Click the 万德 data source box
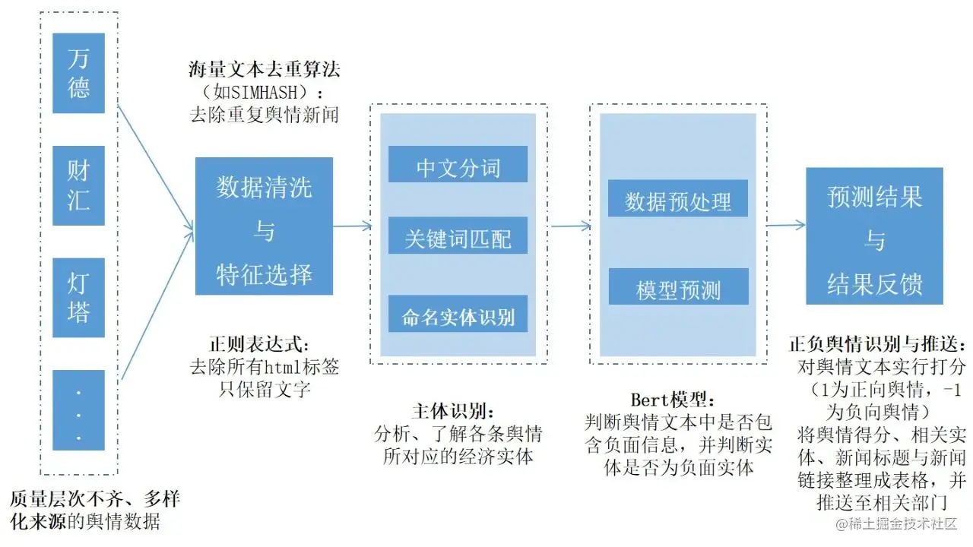pos(78,73)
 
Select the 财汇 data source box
pos(78,185)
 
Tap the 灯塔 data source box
pos(78,298)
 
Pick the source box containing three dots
pos(78,410)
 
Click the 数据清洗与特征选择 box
pos(264,226)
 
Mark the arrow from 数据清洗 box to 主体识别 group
pos(352,226)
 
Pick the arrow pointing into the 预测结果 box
pos(786,224)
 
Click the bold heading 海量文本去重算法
pos(264,71)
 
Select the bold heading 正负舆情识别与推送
pos(879,344)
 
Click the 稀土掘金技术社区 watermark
pos(897,524)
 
